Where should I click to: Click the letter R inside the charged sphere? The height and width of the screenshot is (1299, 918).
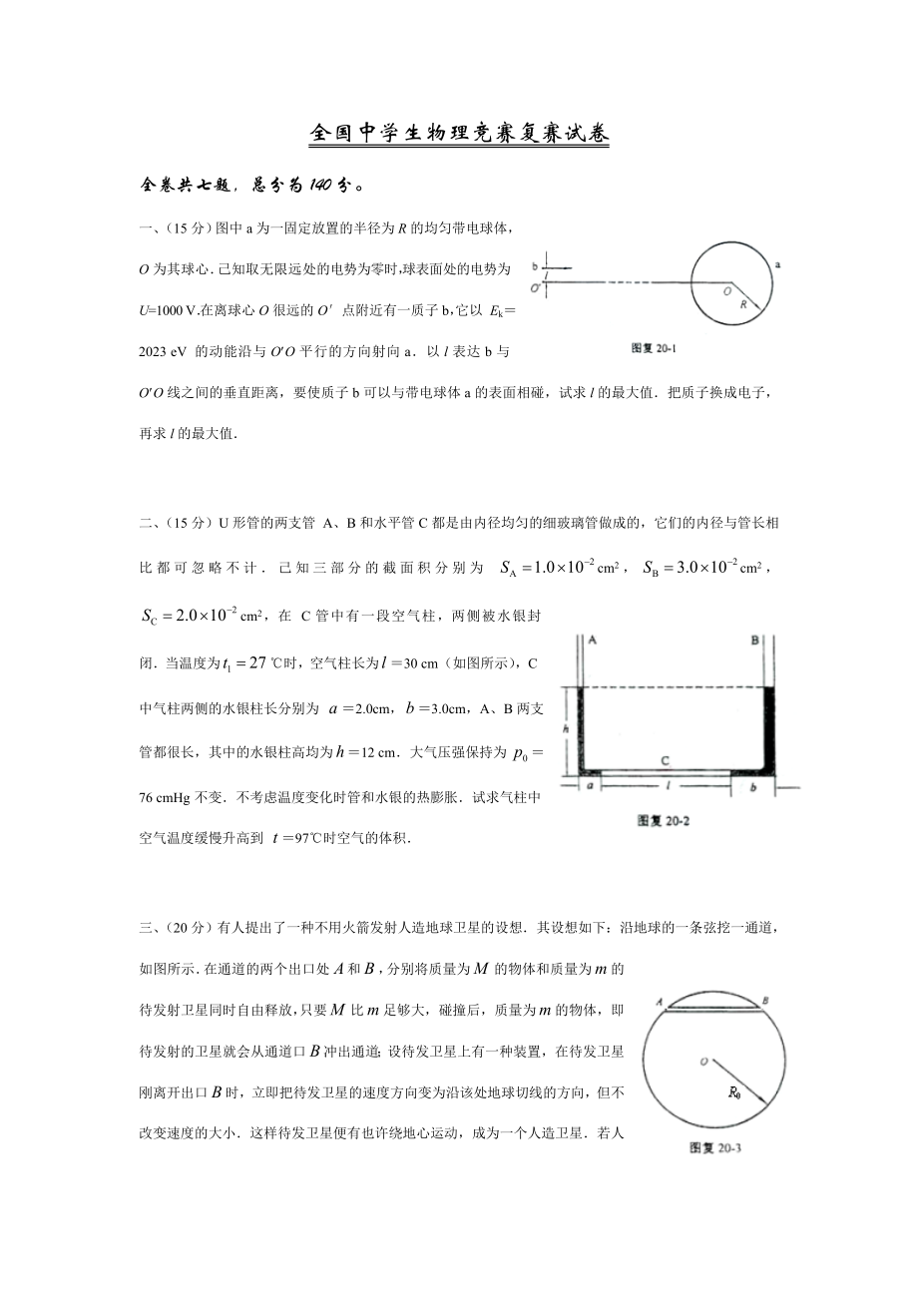pos(743,307)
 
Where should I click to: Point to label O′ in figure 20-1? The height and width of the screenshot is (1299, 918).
pos(536,289)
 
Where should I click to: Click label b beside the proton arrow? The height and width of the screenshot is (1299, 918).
pos(535,267)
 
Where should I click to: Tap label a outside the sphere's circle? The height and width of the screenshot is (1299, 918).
pos(777,264)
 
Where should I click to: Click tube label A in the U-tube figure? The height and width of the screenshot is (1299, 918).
pos(594,640)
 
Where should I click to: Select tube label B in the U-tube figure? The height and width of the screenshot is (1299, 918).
pos(755,640)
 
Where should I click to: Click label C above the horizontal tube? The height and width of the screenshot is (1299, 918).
pos(665,761)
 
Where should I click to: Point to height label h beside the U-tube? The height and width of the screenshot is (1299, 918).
pos(565,729)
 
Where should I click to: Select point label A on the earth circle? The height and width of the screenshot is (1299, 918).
pos(661,1000)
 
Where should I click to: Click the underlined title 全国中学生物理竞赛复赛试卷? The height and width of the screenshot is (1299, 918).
pos(458,134)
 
